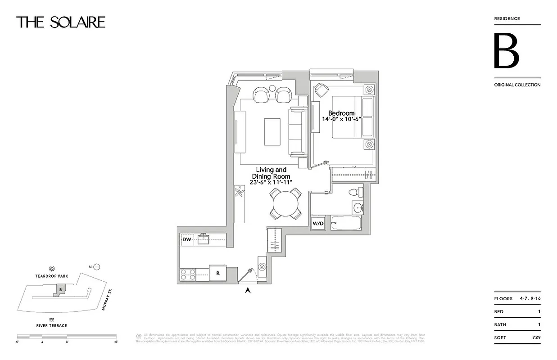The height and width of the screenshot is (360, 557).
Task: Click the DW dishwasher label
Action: [186, 240]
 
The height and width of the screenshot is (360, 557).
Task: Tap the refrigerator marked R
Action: [218, 273]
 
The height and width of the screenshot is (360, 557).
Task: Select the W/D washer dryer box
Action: [318, 223]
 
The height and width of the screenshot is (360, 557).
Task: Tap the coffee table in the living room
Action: [272, 132]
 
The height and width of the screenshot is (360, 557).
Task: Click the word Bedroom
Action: [341, 113]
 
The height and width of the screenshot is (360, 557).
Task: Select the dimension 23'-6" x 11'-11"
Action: [271, 182]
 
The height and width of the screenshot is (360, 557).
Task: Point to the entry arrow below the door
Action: [247, 291]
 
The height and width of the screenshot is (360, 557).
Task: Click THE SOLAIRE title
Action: [61, 22]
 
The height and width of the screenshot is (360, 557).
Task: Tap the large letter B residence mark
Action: [507, 51]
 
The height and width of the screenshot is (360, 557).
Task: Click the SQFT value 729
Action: [535, 337]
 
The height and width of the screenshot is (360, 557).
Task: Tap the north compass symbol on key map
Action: [96, 267]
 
